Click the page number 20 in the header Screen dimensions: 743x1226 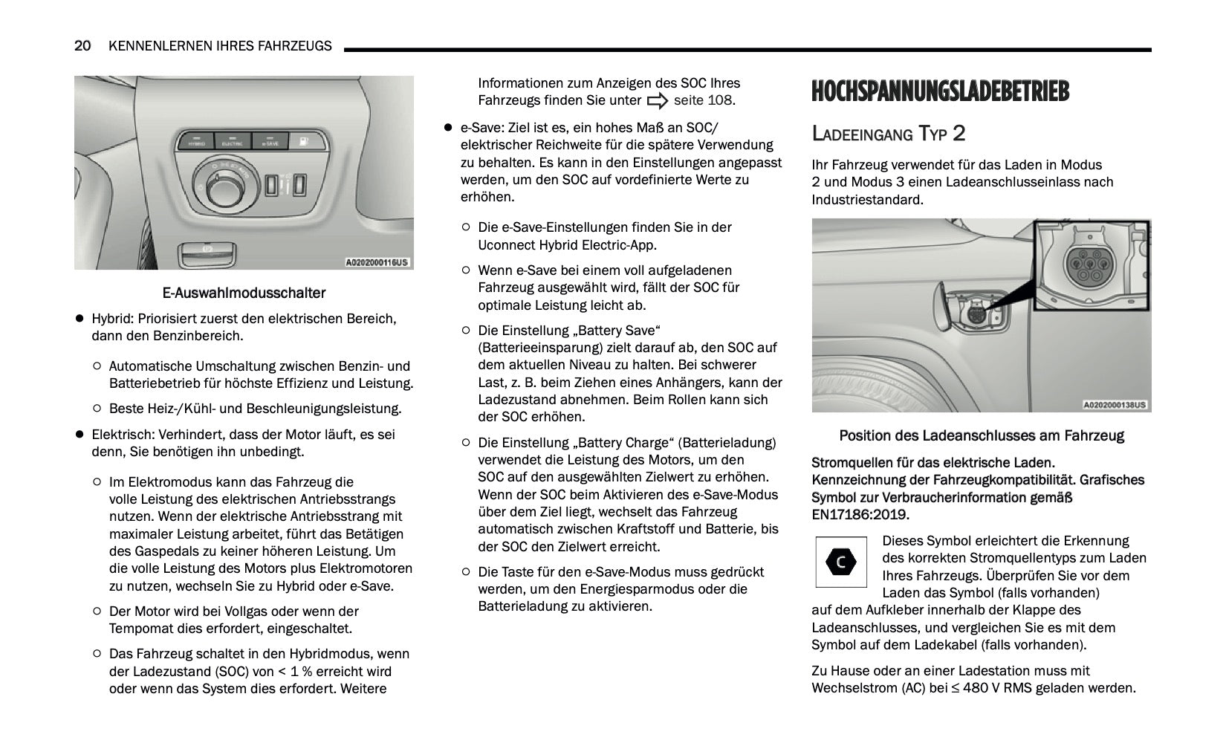click(x=82, y=46)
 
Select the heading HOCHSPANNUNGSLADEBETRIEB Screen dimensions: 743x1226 click(x=940, y=91)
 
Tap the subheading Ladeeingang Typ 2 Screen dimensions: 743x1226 click(x=888, y=134)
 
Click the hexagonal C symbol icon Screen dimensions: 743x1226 click(x=840, y=562)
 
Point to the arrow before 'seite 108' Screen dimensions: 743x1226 click(x=658, y=101)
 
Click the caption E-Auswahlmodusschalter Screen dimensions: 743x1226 click(x=244, y=293)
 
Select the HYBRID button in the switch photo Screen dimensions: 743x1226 click(x=196, y=140)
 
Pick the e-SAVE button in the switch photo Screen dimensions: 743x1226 click(x=270, y=140)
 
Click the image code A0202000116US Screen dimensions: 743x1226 click(x=377, y=262)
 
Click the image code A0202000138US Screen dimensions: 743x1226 click(x=1115, y=405)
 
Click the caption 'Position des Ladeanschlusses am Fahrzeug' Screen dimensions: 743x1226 click(x=981, y=436)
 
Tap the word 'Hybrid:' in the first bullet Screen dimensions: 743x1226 click(x=113, y=319)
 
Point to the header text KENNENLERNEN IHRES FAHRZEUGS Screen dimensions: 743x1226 click(x=220, y=46)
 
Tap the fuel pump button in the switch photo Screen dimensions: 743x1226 click(x=304, y=140)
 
